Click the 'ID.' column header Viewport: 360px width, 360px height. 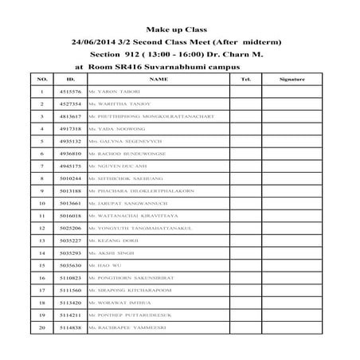(x=71, y=80)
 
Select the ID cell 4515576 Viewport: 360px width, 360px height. (x=71, y=93)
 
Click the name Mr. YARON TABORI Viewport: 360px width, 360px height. (x=116, y=93)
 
